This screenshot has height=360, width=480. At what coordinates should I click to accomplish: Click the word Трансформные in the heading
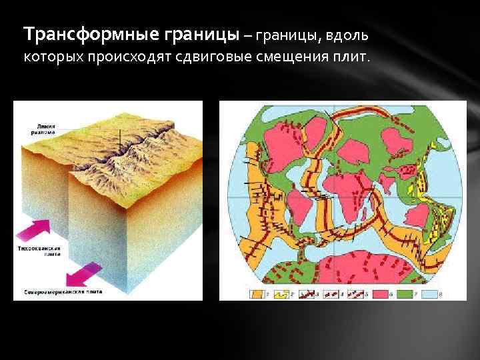coord(74,33)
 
